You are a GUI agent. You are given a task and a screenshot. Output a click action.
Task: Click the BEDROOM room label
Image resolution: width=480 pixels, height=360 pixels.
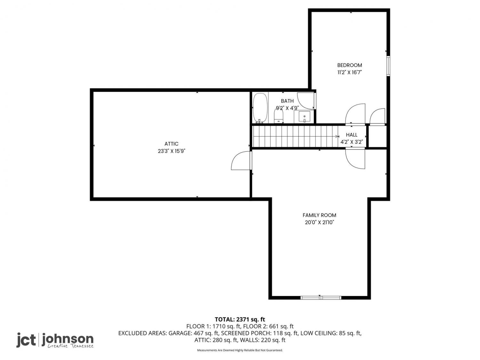349,65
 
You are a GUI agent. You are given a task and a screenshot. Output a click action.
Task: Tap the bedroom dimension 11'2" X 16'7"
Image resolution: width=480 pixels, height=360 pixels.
349,72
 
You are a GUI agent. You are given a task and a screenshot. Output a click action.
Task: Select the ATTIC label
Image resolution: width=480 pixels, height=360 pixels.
171,144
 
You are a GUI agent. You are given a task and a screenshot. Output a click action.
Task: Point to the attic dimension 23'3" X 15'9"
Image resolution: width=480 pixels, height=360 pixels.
171,151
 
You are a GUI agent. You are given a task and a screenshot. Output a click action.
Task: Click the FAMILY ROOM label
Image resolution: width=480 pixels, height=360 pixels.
319,215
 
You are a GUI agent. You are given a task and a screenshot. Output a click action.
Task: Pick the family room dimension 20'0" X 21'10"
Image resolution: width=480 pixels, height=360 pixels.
319,222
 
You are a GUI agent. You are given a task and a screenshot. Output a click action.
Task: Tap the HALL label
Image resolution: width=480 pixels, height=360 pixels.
352,135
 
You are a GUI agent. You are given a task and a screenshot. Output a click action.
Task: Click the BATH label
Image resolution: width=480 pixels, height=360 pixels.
287,101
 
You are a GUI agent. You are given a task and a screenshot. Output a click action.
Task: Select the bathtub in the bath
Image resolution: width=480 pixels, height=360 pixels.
260,108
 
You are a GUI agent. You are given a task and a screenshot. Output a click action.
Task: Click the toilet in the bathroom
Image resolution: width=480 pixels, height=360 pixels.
278,116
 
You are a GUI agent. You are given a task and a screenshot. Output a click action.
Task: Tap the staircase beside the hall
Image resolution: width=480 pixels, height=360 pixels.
295,136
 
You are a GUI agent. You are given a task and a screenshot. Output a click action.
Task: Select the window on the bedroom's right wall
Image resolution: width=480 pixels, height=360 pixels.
388,66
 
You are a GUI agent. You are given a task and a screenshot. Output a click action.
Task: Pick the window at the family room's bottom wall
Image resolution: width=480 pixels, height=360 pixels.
321,298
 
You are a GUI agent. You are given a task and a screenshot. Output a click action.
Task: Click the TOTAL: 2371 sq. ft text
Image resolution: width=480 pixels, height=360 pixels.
240,320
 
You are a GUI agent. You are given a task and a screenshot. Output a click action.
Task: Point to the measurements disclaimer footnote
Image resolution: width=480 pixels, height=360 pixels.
240,350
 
